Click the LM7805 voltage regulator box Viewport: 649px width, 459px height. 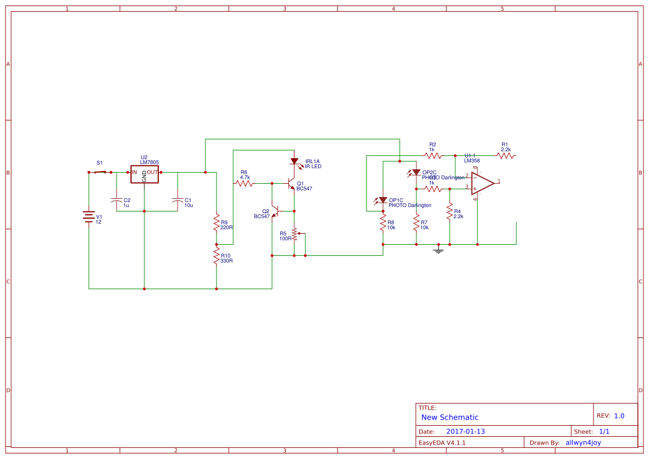click(144, 174)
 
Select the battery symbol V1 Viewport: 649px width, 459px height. click(89, 216)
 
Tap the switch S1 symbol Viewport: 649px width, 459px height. click(100, 172)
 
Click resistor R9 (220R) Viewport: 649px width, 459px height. click(217, 223)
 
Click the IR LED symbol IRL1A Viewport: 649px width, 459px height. click(294, 162)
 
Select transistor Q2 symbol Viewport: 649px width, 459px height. click(274, 211)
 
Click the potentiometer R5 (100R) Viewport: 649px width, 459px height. click(294, 234)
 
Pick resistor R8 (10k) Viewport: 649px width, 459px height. click(383, 223)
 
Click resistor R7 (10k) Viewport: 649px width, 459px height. click(416, 223)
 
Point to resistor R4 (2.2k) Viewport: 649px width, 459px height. click(450, 212)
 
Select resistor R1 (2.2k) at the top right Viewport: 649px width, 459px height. click(505, 156)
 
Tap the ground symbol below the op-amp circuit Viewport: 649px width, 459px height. click(439, 250)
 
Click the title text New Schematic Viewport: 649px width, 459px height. click(450, 417)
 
